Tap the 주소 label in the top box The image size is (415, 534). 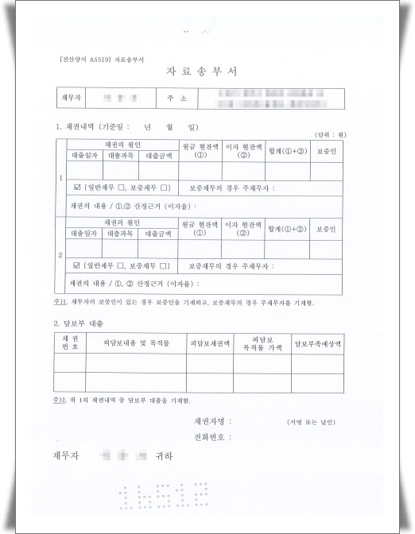tap(177, 99)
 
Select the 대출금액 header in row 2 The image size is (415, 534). tap(156, 234)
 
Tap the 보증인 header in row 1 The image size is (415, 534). tap(327, 150)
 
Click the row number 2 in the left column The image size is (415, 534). tap(61, 255)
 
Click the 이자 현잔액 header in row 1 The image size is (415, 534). tap(243, 150)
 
